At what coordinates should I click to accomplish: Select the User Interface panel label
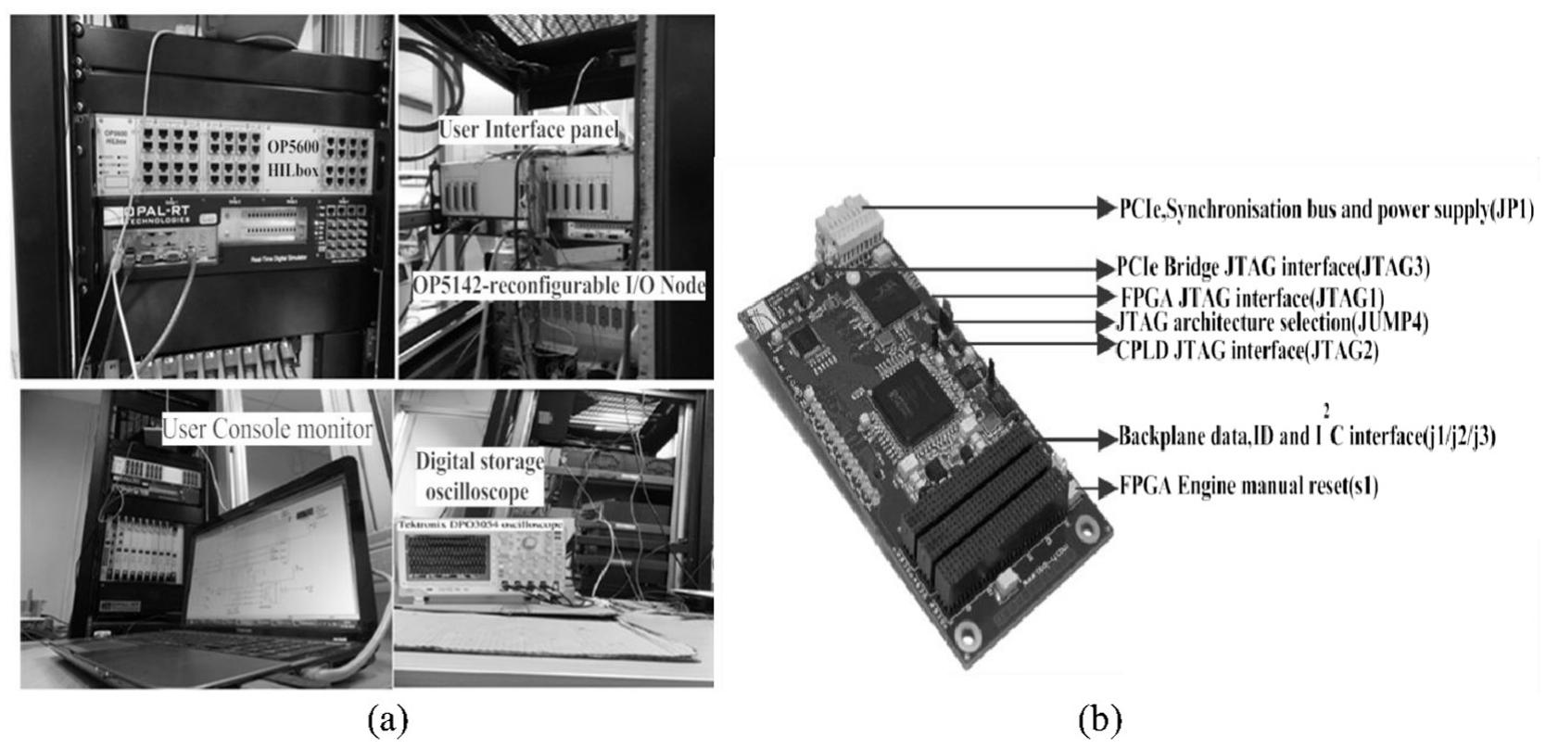pos(527,130)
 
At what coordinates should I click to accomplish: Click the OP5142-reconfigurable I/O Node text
pos(559,286)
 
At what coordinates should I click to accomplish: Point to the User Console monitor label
pos(267,429)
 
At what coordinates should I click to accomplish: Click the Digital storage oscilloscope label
pos(479,475)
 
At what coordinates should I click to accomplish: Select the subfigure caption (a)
pos(386,719)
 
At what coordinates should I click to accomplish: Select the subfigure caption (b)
pos(1099,719)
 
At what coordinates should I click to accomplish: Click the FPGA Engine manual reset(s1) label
pos(1248,486)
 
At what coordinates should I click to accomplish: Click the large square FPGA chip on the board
pos(914,399)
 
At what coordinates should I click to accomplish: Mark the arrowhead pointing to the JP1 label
pos(1104,209)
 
